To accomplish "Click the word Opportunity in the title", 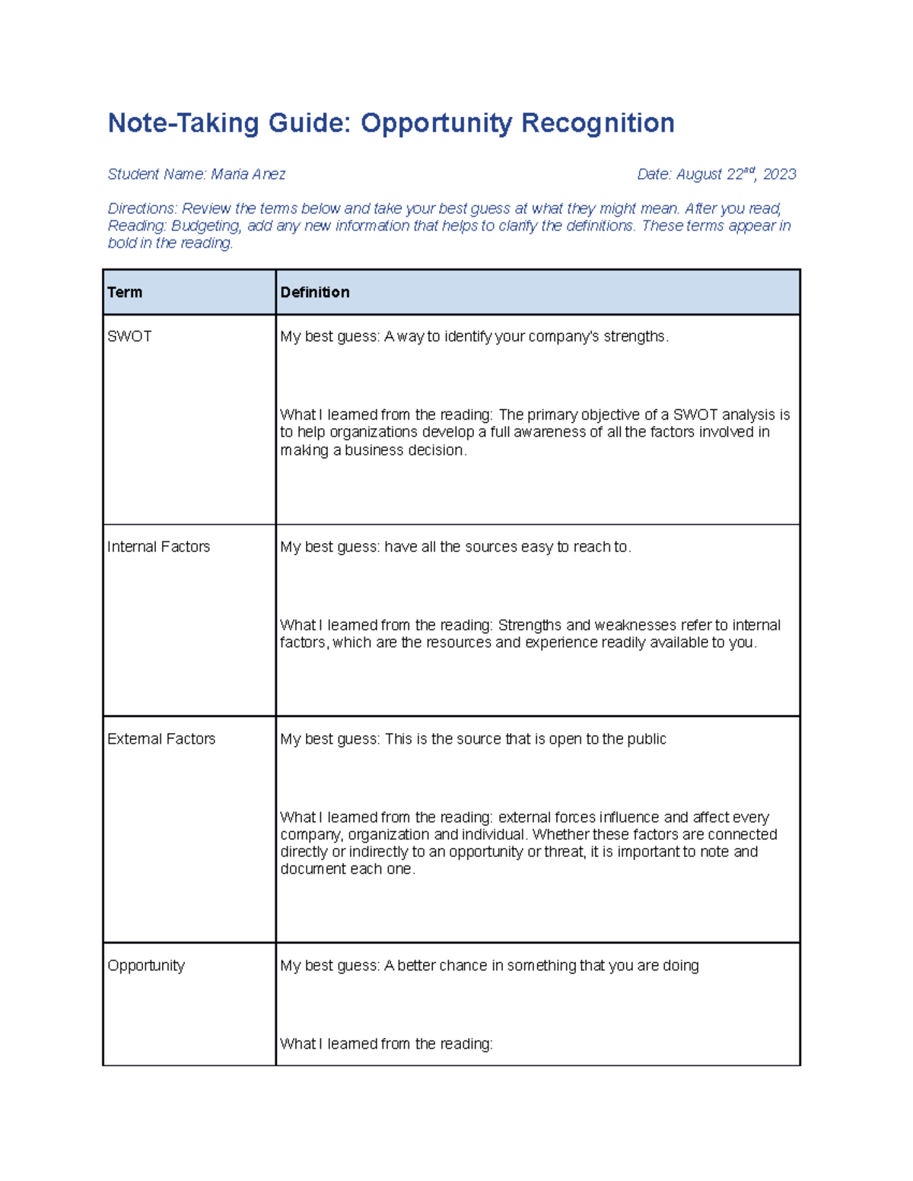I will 436,123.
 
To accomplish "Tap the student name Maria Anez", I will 248,174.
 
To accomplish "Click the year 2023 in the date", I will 779,174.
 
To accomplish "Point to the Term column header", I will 125,292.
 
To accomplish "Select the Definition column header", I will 315,292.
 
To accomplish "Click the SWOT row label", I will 129,336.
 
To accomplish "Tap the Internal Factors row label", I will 158,547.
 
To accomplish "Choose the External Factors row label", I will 161,738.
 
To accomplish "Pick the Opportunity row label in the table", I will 146,965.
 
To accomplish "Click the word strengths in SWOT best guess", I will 635,336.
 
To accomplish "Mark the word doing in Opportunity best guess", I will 680,965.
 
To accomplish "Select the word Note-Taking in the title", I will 183,123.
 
